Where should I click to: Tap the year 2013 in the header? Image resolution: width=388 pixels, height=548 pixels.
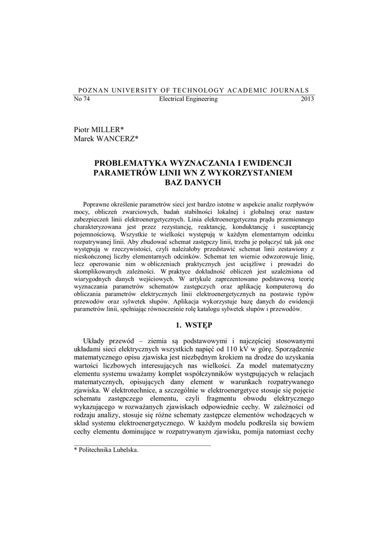[307, 99]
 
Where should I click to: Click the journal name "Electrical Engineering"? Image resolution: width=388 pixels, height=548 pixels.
[189, 99]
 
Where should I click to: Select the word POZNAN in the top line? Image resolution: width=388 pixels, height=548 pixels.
[93, 90]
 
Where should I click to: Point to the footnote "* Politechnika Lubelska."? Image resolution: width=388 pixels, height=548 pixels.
[106, 450]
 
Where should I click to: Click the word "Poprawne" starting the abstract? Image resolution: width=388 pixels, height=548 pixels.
[98, 205]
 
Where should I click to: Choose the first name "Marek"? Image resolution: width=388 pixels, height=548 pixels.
[84, 139]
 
